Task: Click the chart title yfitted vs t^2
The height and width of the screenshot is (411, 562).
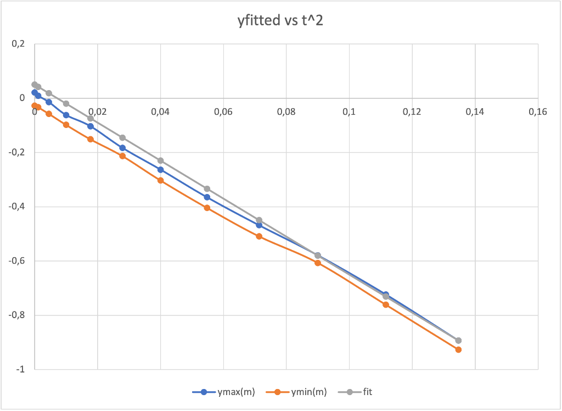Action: (x=280, y=21)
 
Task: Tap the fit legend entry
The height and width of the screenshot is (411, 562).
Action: (x=366, y=392)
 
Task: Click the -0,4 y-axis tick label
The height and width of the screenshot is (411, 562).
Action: (x=16, y=207)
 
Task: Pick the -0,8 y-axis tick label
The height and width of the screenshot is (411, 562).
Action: (x=16, y=315)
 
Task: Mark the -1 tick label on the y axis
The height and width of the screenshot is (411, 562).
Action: (x=20, y=370)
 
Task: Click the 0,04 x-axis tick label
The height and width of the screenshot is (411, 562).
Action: (x=160, y=112)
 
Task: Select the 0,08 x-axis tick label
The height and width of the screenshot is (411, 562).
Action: (x=286, y=112)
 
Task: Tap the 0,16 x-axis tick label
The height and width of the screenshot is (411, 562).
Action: (x=538, y=112)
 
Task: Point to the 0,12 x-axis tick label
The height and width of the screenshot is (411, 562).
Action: (x=412, y=112)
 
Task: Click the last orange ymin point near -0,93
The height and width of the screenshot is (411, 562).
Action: (x=458, y=349)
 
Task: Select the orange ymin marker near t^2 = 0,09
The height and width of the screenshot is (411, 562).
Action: (x=318, y=263)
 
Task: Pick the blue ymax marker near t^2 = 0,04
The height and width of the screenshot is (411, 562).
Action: (x=160, y=170)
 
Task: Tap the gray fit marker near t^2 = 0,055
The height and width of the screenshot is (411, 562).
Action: (x=207, y=189)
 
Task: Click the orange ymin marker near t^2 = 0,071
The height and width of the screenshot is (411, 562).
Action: (x=259, y=236)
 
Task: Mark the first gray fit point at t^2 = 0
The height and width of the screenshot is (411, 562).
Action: (x=35, y=85)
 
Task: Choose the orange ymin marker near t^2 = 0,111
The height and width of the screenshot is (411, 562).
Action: (x=386, y=304)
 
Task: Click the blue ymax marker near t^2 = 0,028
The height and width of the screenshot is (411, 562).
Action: (x=122, y=148)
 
